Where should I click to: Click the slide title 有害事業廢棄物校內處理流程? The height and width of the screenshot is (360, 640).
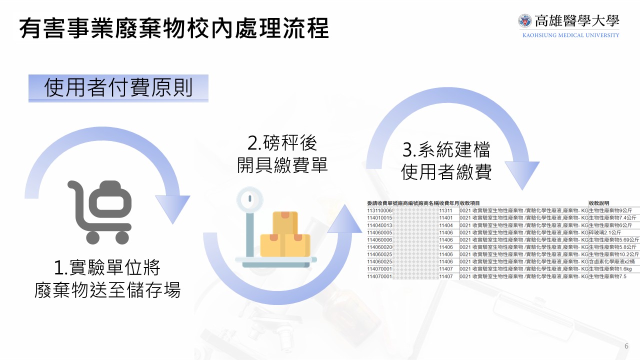pyautogui.click(x=174, y=29)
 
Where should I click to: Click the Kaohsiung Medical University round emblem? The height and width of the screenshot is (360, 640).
pyautogui.click(x=525, y=21)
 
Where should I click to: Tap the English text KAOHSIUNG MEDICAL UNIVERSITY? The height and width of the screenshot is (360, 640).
pyautogui.click(x=570, y=35)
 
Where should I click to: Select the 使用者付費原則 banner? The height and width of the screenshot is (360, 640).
pyautogui.click(x=118, y=88)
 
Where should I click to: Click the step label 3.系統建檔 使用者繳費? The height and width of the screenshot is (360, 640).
pyautogui.click(x=446, y=160)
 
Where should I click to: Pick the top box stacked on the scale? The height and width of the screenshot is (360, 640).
pyautogui.click(x=285, y=223)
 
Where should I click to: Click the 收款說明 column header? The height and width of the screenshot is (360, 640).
pyautogui.click(x=599, y=203)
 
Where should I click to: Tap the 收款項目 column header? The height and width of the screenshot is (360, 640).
pyautogui.click(x=469, y=203)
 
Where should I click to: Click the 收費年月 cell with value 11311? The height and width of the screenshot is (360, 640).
pyautogui.click(x=445, y=210)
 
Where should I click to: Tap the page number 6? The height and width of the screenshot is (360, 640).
pyautogui.click(x=626, y=346)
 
